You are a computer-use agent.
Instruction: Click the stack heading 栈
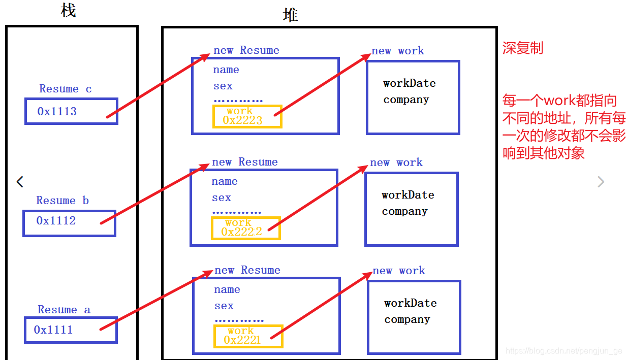pyautogui.click(x=69, y=11)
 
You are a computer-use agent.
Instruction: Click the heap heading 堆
pyautogui.click(x=291, y=15)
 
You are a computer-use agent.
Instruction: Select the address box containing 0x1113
pyautogui.click(x=71, y=111)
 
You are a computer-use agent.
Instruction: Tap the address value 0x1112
pyautogui.click(x=56, y=220)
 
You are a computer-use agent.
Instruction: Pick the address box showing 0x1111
pyautogui.click(x=71, y=330)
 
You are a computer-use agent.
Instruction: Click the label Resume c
pyautogui.click(x=66, y=89)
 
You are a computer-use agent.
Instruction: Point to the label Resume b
pyautogui.click(x=62, y=201)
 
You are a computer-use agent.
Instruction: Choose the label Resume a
pyautogui.click(x=64, y=310)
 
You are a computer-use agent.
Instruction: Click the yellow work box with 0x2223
pyautogui.click(x=247, y=116)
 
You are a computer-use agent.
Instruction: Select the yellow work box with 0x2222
pyautogui.click(x=245, y=228)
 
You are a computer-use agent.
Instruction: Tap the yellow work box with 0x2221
pyautogui.click(x=247, y=336)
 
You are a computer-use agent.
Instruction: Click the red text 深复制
pyautogui.click(x=523, y=48)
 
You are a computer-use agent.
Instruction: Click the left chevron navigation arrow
pyautogui.click(x=20, y=181)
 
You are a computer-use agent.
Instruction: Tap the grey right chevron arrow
pyautogui.click(x=601, y=181)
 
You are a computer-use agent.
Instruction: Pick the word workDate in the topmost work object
pyautogui.click(x=410, y=83)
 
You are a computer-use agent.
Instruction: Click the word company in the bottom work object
pyautogui.click(x=407, y=319)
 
